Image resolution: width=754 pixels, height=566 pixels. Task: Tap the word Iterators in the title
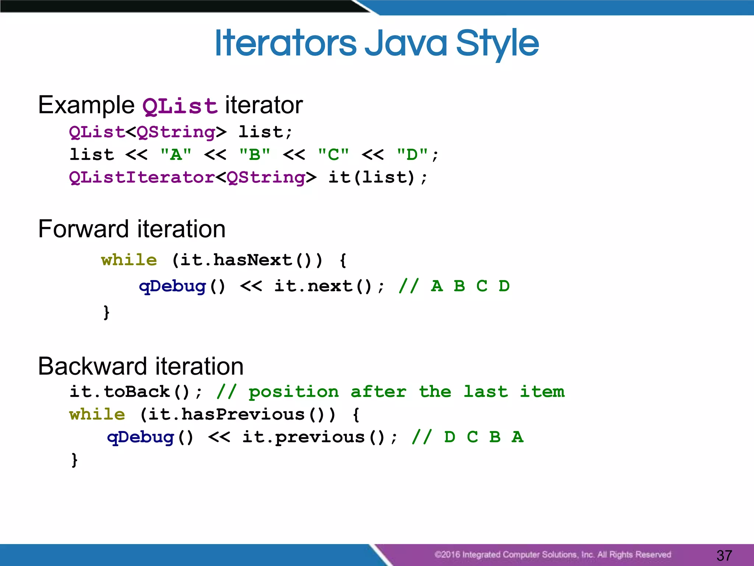tap(285, 43)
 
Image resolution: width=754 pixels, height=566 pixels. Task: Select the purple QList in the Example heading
tap(180, 106)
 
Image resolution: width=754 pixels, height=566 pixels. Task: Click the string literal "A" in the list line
tap(176, 154)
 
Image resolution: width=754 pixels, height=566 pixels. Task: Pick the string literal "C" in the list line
tap(334, 154)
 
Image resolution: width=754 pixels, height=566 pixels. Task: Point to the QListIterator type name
tap(142, 177)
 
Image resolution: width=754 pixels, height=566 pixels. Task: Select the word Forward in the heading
tap(84, 229)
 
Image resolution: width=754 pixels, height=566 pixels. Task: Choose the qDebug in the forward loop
tap(172, 286)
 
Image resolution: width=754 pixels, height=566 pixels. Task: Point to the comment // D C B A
tap(468, 437)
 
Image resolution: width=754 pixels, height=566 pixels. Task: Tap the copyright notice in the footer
tap(552, 555)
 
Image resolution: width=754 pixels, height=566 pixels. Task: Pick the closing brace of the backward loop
tap(74, 460)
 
